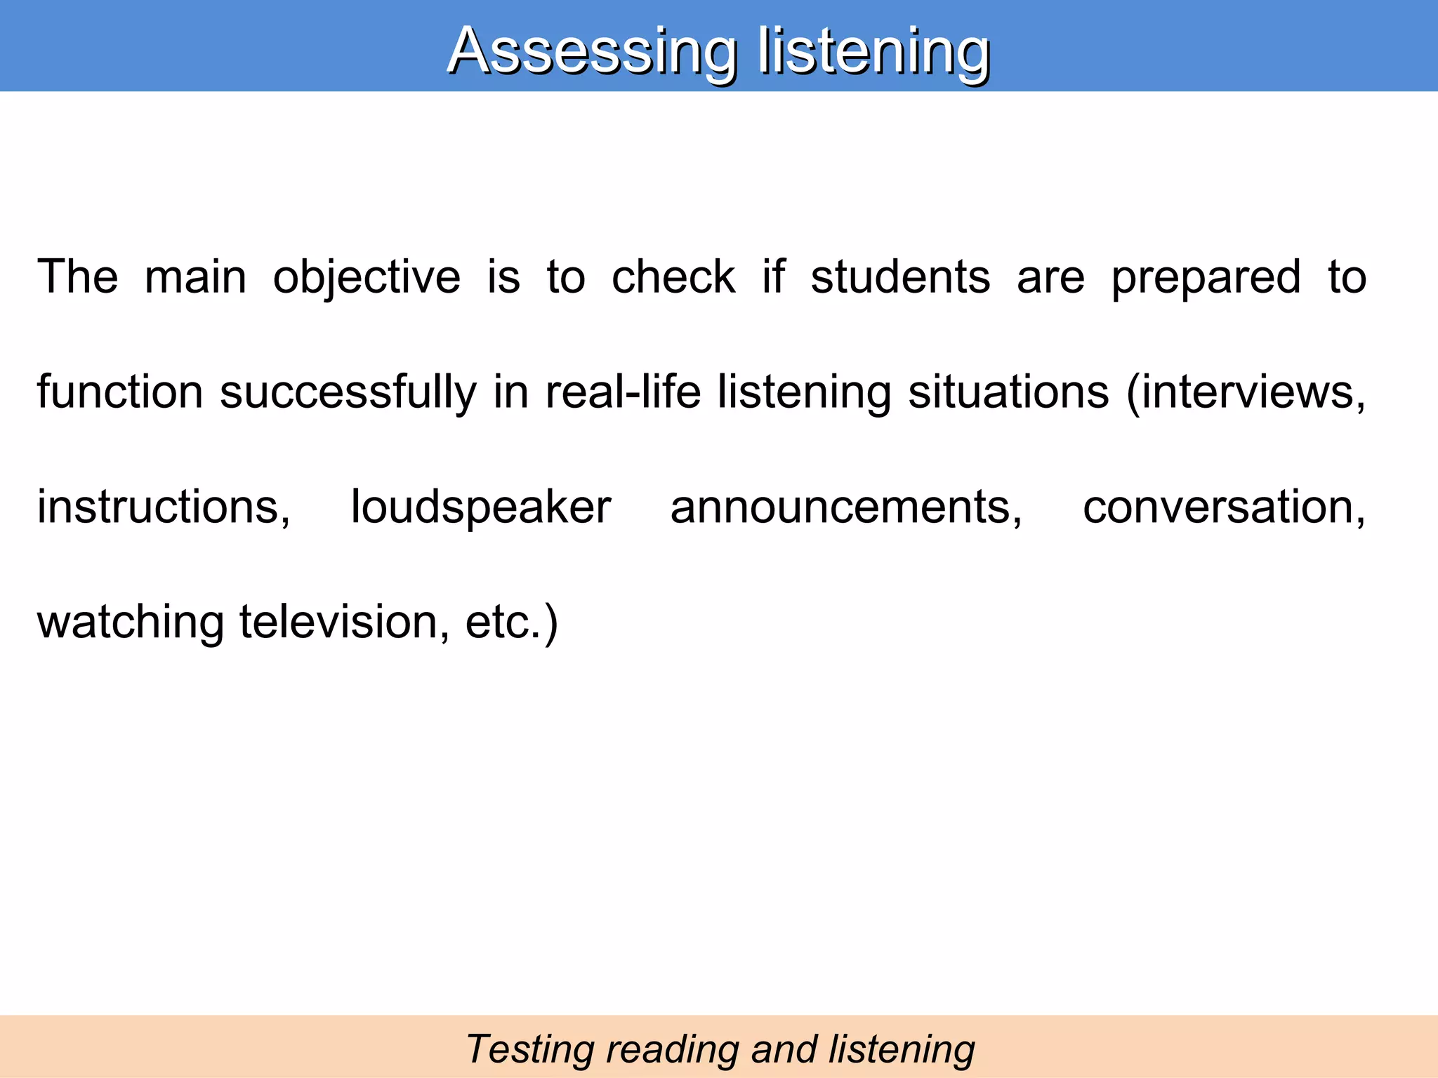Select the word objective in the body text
tap(367, 277)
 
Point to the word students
tap(900, 277)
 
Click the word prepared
tap(1206, 277)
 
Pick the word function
tap(119, 392)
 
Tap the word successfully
tap(348, 392)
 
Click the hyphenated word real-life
tap(623, 392)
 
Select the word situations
tap(1008, 392)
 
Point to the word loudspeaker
tap(481, 507)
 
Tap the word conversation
tap(1224, 507)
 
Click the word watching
tap(131, 622)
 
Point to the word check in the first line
tap(673, 277)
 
